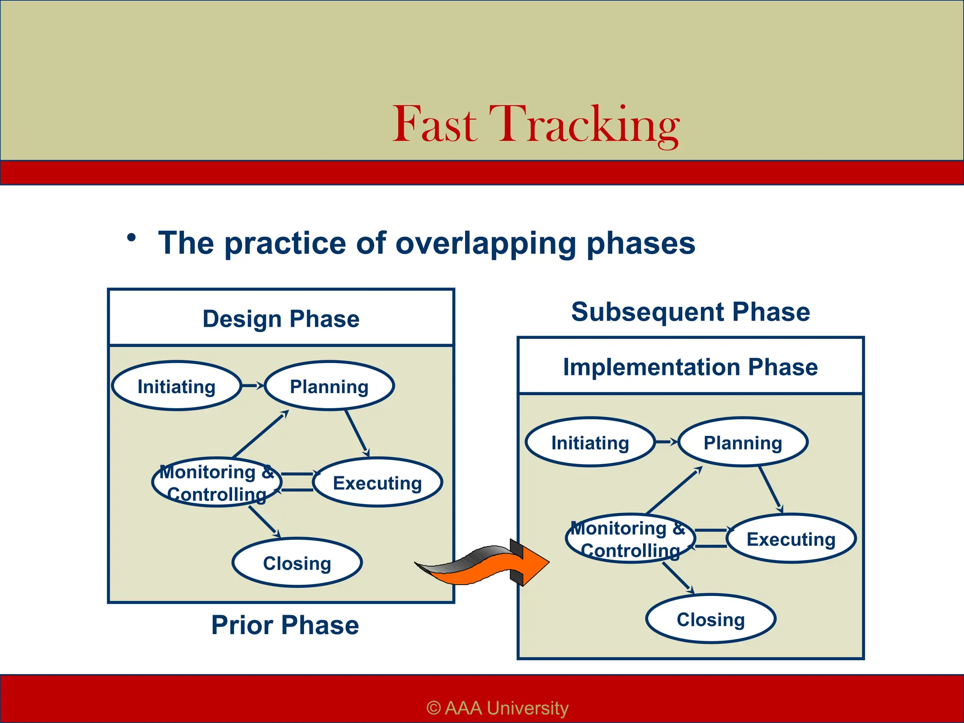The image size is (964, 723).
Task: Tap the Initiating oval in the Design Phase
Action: click(x=177, y=386)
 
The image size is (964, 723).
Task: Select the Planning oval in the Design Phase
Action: click(x=329, y=386)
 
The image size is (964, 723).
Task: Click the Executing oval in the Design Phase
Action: click(x=377, y=483)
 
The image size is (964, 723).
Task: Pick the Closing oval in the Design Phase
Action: click(x=297, y=563)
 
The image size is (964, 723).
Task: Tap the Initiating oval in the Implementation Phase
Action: click(x=590, y=443)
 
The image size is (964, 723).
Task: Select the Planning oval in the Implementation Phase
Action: click(x=743, y=443)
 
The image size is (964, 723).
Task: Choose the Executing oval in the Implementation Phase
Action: click(x=791, y=539)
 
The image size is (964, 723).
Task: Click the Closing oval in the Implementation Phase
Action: click(x=711, y=619)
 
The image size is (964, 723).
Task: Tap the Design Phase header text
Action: click(x=281, y=319)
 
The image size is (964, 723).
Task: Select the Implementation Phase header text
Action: click(x=691, y=367)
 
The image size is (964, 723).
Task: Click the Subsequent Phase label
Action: click(x=691, y=312)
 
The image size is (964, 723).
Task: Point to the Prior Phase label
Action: click(x=285, y=625)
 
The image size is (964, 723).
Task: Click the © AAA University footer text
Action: click(x=498, y=707)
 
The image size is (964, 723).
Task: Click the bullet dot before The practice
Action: click(x=131, y=238)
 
